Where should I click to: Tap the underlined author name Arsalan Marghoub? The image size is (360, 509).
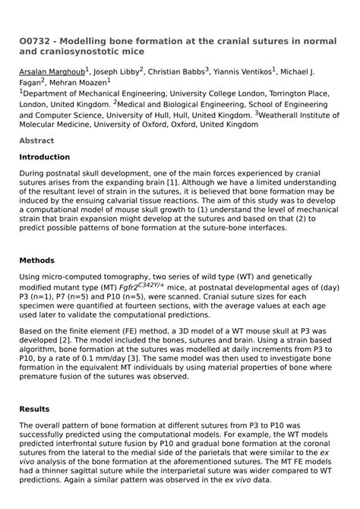tap(52, 73)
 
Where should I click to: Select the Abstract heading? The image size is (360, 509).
tap(36, 141)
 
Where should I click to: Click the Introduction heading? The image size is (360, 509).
tap(44, 157)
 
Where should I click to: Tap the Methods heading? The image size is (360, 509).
tap(36, 261)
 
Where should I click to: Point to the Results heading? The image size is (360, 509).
tap(34, 409)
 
